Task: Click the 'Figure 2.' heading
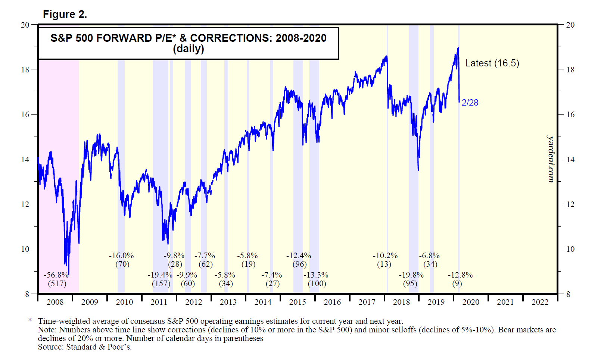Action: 65,15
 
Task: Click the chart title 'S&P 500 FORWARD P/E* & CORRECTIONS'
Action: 189,38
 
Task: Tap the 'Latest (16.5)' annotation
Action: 492,63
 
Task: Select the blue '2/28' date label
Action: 470,103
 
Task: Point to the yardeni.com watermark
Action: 551,159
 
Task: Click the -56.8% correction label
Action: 56,275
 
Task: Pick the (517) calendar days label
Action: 57,284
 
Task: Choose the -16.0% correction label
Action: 121,256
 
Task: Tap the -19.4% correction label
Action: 160,275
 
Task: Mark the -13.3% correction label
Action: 316,275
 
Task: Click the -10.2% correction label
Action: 385,256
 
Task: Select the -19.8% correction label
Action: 411,275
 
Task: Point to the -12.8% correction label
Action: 460,275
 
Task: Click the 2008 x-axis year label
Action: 55,302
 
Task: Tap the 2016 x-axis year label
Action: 332,302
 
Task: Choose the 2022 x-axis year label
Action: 540,302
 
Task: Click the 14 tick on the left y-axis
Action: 25,159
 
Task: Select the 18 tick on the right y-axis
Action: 570,69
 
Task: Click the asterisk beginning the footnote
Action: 30,321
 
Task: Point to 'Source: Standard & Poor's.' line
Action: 85,347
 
